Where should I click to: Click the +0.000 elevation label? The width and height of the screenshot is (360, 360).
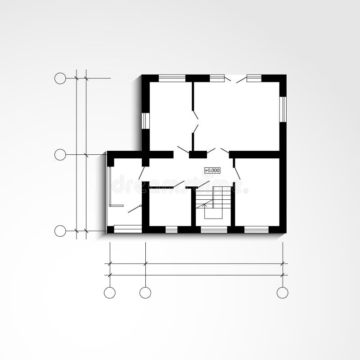point(212,170)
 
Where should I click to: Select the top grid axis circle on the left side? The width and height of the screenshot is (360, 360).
point(60,78)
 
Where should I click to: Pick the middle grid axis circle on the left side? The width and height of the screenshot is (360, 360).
point(60,155)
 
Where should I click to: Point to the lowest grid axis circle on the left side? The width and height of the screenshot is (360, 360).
point(60,231)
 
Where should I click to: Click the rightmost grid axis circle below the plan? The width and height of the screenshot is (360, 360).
point(282,292)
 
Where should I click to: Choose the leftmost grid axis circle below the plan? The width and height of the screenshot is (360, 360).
point(110,292)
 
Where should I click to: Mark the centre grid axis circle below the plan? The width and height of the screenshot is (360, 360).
point(145,292)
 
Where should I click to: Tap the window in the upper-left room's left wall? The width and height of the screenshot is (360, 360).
point(145,120)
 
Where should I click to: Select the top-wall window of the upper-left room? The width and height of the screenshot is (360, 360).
point(172,78)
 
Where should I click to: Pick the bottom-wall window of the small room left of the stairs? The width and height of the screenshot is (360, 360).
point(171,229)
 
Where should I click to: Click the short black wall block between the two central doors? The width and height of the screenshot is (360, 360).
point(198,155)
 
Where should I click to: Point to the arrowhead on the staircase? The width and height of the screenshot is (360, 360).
point(205,205)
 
